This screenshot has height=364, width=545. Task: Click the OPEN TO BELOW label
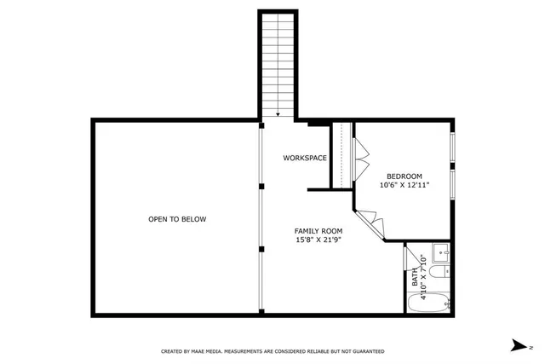tap(177, 219)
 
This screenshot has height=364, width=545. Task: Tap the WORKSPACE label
tap(305, 158)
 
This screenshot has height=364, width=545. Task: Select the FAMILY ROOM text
tap(318, 231)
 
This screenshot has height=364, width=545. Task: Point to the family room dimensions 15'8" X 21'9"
tap(318, 240)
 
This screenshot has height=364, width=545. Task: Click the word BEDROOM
tap(404, 176)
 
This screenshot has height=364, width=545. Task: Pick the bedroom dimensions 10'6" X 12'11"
tap(404, 185)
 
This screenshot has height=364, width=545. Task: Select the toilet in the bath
tap(439, 274)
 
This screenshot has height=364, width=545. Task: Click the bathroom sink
tap(440, 252)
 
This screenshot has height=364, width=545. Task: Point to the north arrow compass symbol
tap(518, 345)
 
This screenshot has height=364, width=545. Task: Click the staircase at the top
tap(277, 64)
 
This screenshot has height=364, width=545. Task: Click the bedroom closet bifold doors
tap(360, 158)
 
